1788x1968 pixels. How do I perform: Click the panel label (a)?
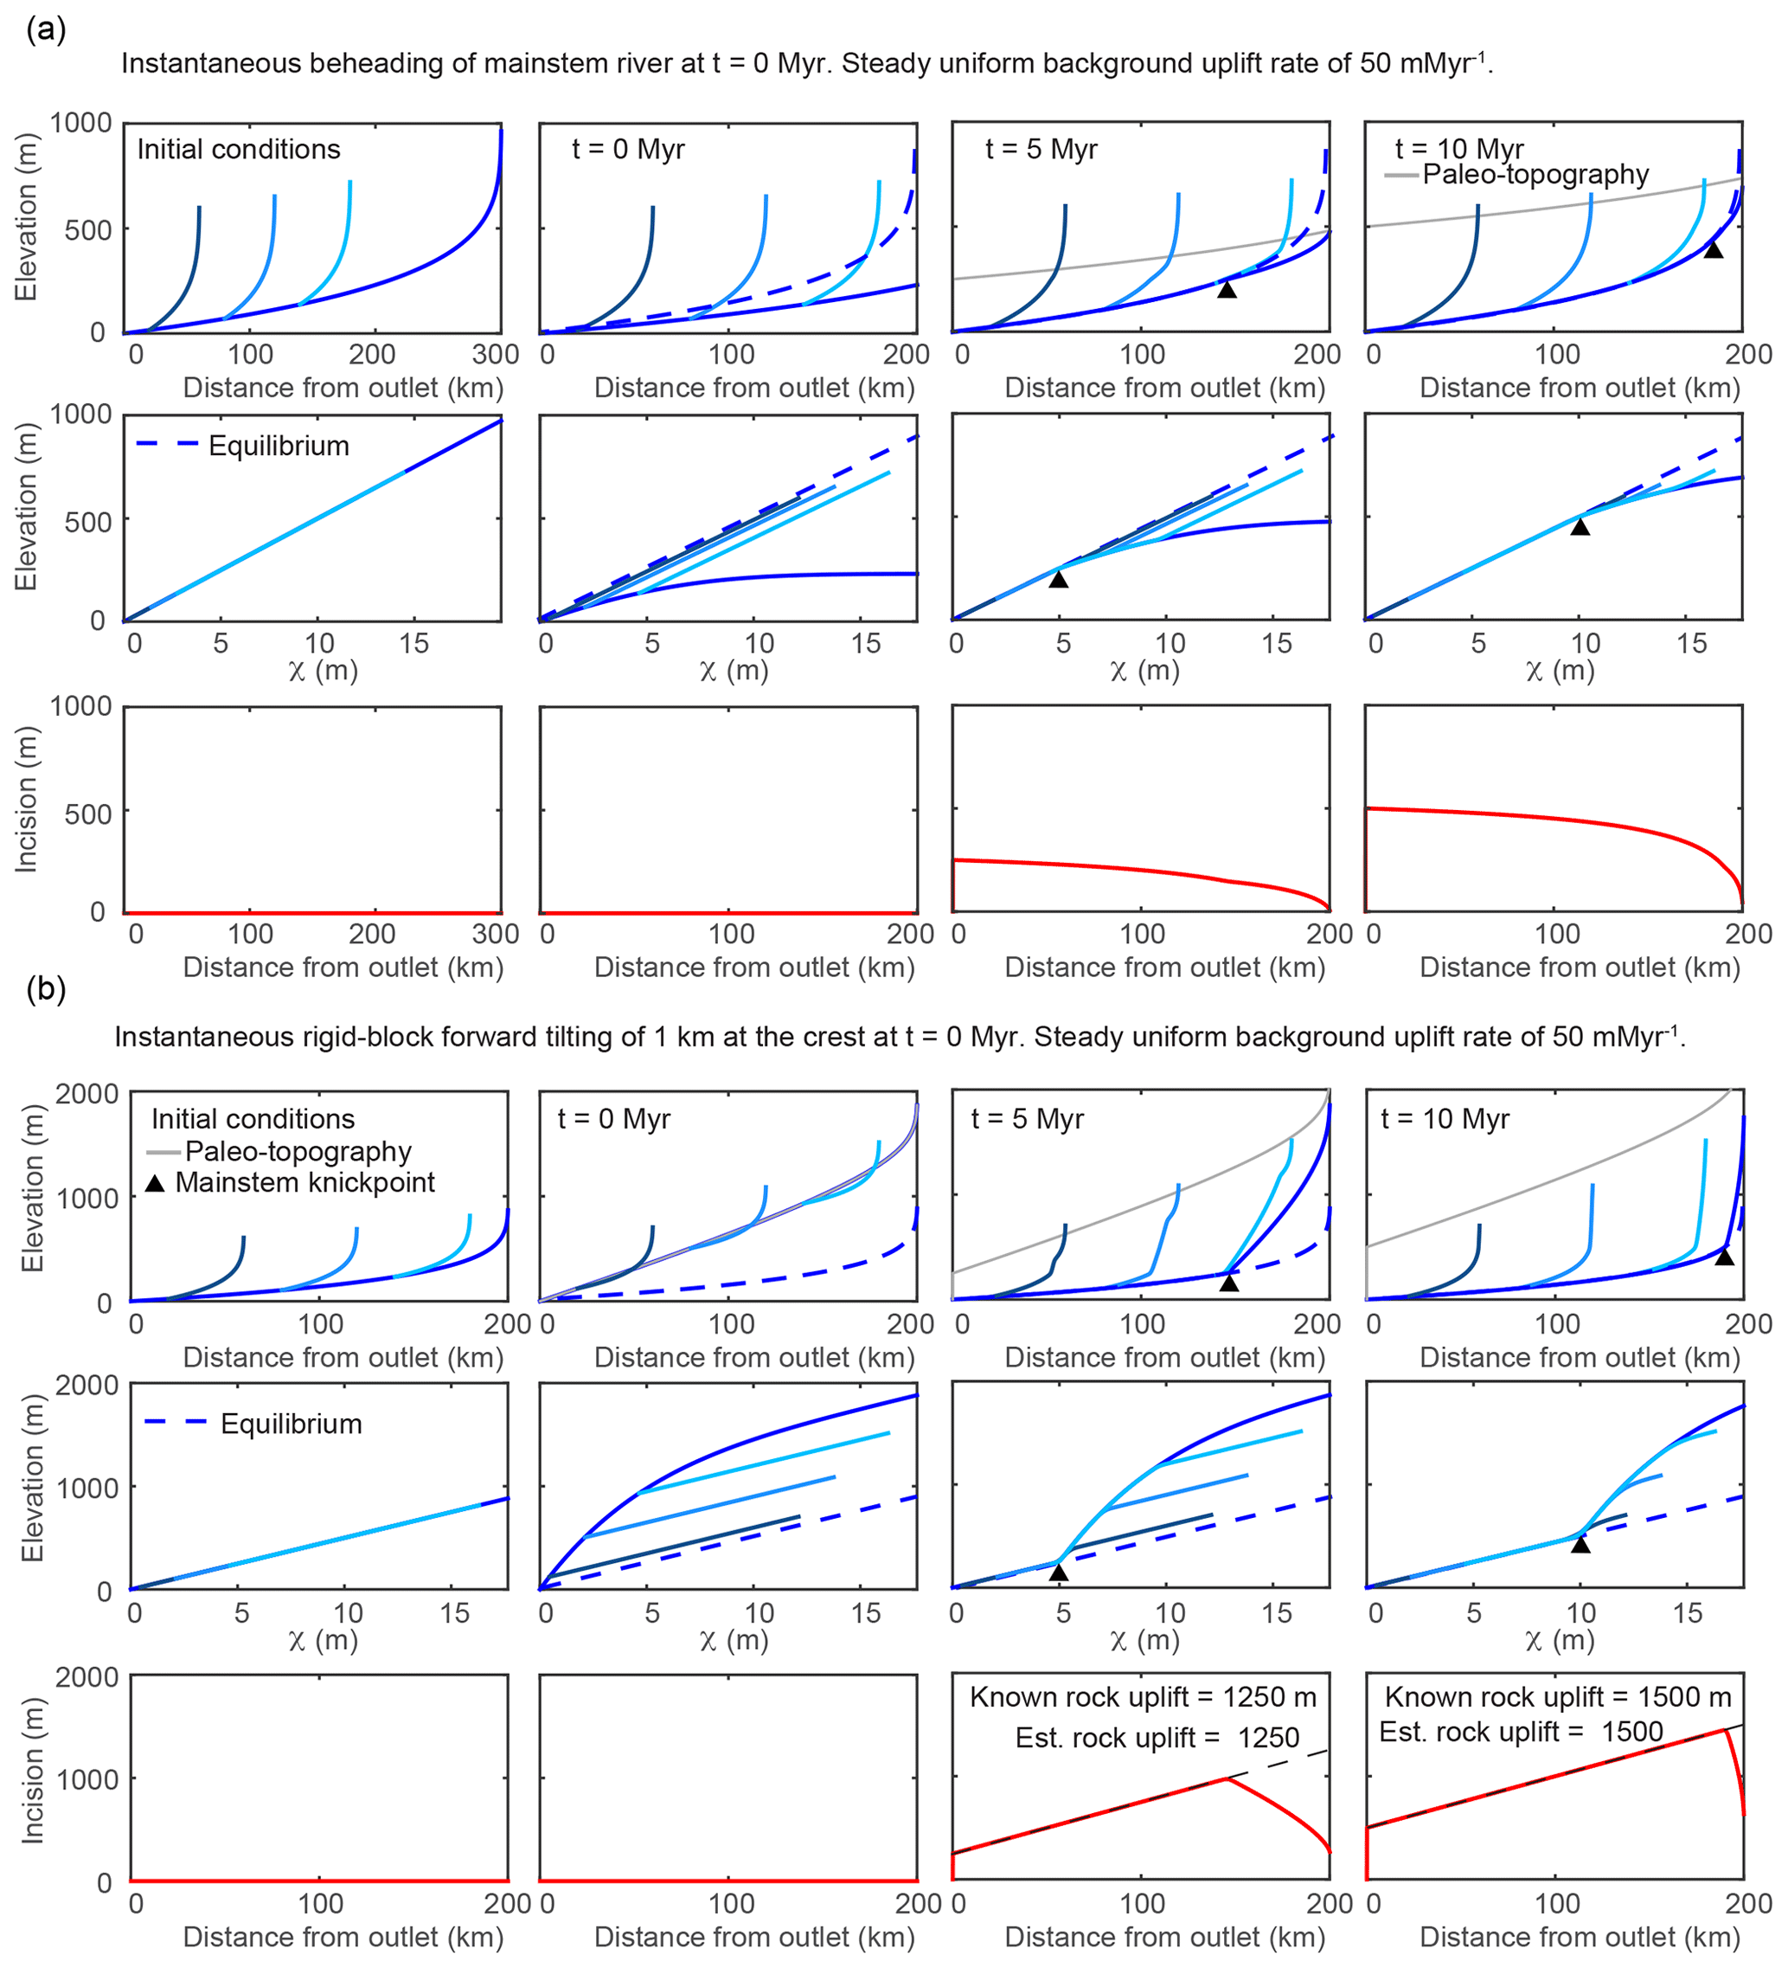pos(46,29)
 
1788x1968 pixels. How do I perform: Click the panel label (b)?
pos(46,989)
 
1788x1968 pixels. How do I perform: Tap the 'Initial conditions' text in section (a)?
pos(238,150)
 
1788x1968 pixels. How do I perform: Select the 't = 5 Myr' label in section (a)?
pos(1041,150)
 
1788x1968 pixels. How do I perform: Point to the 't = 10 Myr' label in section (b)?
pos(1445,1119)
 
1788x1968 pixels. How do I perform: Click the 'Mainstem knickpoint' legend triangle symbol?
pos(155,1183)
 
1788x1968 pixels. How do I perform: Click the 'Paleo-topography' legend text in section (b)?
pos(298,1152)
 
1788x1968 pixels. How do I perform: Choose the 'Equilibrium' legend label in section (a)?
pos(279,446)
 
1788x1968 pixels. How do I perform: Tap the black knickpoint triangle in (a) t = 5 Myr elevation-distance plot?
pos(1227,289)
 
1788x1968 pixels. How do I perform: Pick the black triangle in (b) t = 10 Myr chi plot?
pos(1580,1544)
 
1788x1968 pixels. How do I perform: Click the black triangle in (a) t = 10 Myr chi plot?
pos(1580,527)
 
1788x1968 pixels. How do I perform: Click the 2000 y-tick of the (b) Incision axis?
pos(86,1678)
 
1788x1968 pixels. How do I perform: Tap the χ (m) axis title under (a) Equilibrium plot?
pos(323,671)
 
